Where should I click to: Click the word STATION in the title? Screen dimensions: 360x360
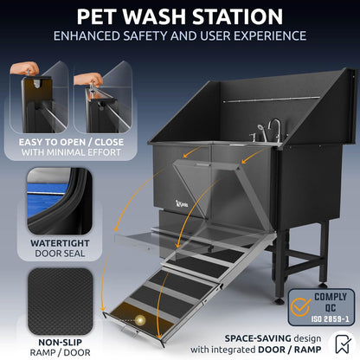[229, 16]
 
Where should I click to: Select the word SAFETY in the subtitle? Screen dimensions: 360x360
[169, 36]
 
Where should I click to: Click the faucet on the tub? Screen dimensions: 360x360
[273, 129]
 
